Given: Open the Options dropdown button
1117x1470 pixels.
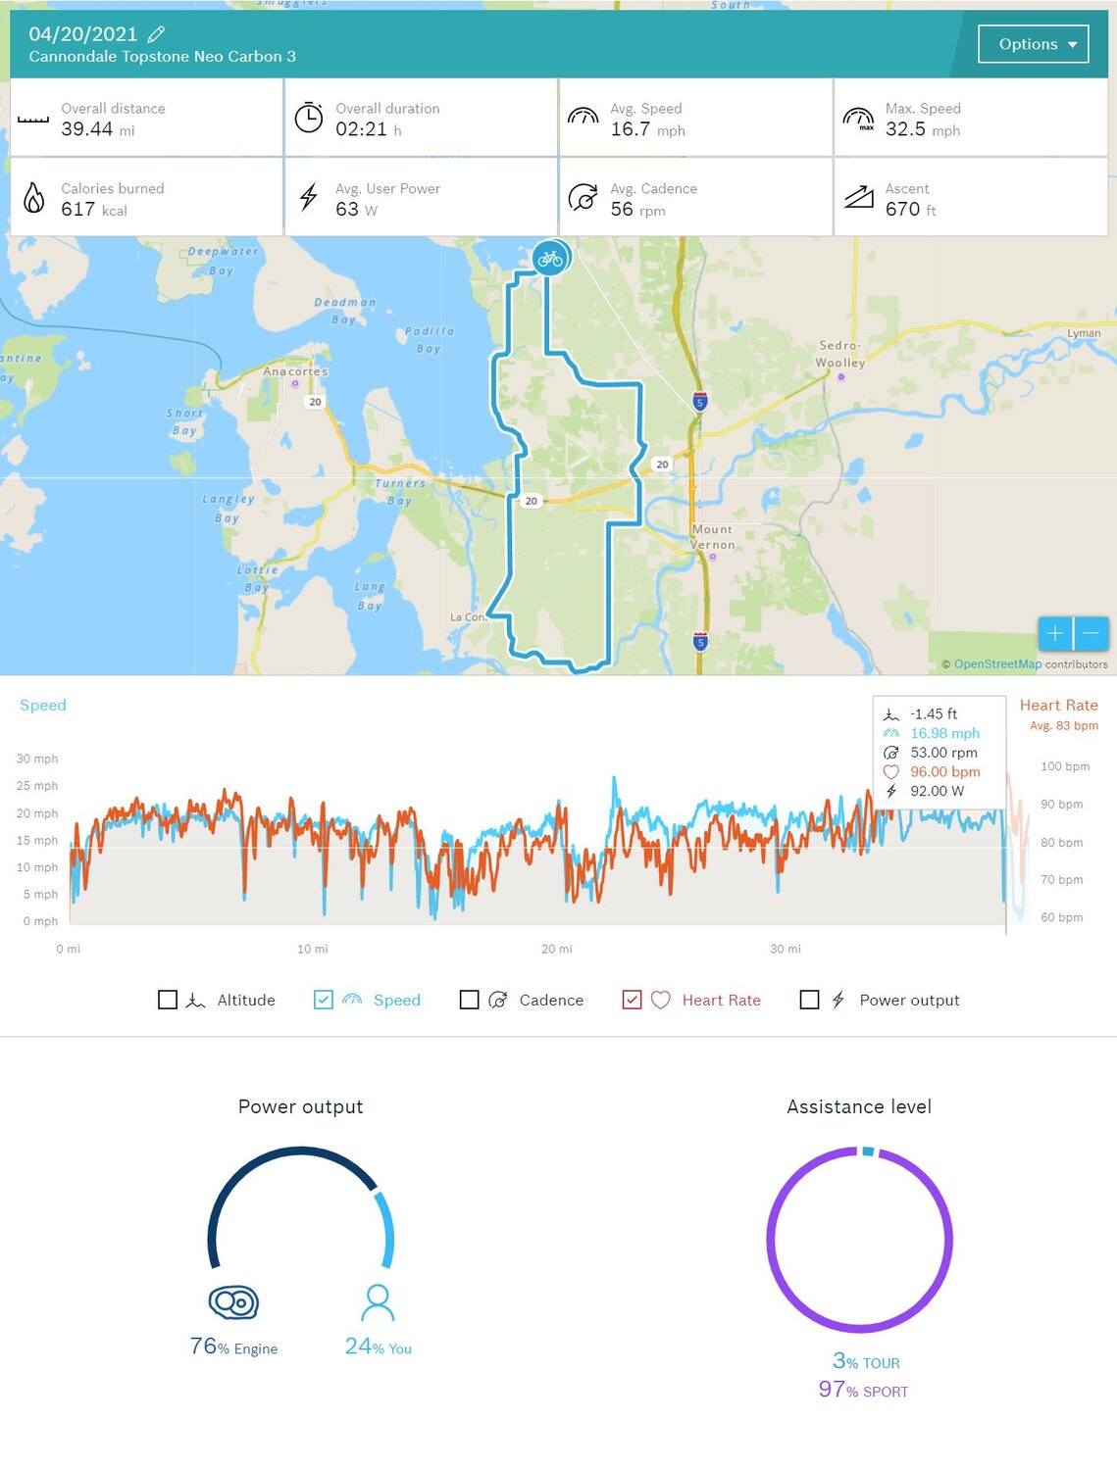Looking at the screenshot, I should click(1033, 44).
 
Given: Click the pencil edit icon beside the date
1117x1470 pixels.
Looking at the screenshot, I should click(156, 35).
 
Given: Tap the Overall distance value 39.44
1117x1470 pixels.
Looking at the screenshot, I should click(87, 129).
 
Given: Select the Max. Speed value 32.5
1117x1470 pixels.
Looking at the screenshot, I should click(905, 129).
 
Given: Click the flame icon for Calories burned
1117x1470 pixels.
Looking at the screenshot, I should click(34, 198).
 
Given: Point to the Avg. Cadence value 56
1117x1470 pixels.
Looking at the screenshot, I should click(622, 210).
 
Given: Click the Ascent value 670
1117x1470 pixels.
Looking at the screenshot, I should click(902, 210).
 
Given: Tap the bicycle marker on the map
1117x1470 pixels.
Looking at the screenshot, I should click(550, 259).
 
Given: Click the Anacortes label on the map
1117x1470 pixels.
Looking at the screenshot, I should click(295, 371).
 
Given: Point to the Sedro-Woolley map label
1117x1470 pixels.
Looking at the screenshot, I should click(840, 354).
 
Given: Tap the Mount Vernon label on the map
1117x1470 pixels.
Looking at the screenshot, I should click(712, 537).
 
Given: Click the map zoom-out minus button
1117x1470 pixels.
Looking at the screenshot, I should click(1092, 634).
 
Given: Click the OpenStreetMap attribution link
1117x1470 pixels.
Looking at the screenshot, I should click(997, 664).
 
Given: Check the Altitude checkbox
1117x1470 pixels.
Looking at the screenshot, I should click(168, 1000).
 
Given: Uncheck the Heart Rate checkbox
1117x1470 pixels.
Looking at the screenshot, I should click(633, 1000).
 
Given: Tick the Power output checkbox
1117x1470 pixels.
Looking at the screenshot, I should click(810, 1000).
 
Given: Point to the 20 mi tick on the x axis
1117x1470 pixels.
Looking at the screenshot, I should click(557, 949).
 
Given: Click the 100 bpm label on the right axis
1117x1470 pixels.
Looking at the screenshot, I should click(1065, 766).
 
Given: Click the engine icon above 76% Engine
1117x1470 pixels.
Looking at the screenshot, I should click(233, 1302).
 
